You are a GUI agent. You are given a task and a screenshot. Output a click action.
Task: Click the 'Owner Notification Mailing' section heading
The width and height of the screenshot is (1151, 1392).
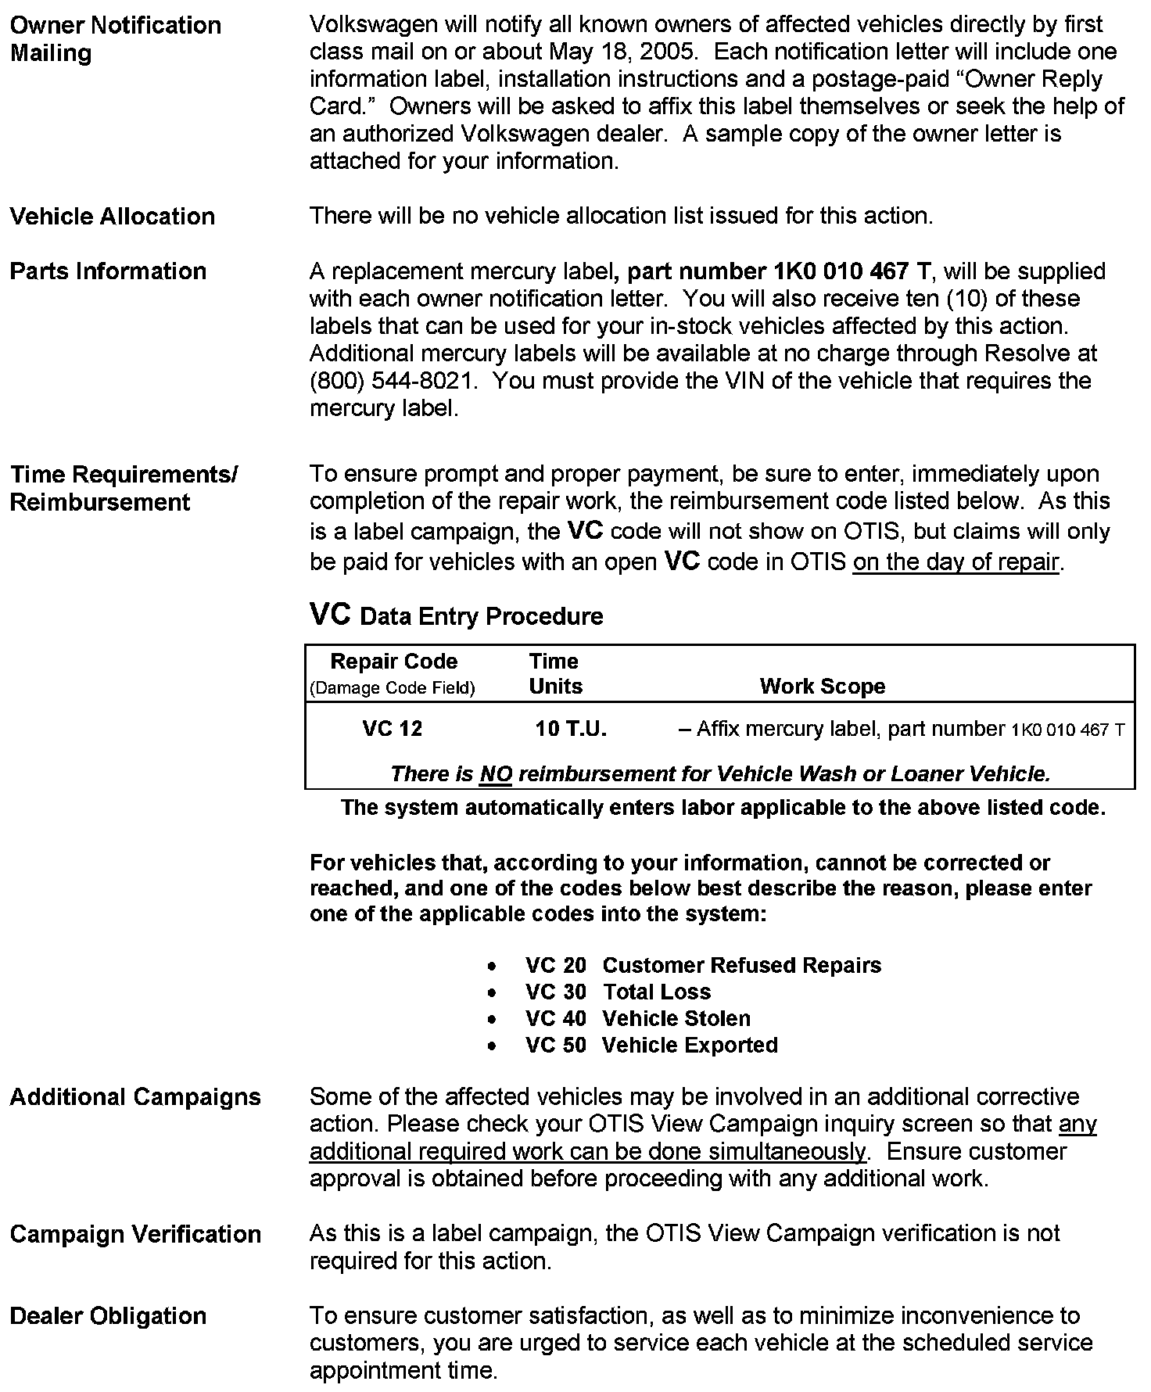click(x=115, y=39)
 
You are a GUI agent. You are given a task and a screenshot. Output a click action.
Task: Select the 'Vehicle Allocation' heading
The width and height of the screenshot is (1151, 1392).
click(x=112, y=217)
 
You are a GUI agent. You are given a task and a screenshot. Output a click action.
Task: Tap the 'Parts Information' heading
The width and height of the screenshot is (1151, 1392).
click(x=108, y=271)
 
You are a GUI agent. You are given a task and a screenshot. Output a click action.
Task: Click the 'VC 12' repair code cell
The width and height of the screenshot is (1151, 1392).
click(x=393, y=729)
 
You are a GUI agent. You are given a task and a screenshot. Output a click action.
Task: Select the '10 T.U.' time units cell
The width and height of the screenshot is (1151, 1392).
click(x=571, y=729)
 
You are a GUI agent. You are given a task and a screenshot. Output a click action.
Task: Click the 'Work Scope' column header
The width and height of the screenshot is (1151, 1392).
click(x=822, y=687)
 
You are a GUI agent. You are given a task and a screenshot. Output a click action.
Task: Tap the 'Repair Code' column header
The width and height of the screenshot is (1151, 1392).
click(x=393, y=662)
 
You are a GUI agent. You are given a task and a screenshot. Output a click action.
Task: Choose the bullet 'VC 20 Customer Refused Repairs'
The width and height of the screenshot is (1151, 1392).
click(x=702, y=965)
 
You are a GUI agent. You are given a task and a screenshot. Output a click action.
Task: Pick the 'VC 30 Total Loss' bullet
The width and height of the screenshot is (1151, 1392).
click(x=618, y=992)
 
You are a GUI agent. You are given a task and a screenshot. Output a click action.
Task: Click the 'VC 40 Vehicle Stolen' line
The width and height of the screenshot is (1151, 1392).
click(x=637, y=1018)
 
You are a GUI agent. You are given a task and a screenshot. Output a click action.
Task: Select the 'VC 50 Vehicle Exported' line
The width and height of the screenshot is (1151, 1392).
click(x=651, y=1045)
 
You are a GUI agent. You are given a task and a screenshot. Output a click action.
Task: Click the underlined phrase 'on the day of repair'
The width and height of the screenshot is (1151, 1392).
click(x=956, y=562)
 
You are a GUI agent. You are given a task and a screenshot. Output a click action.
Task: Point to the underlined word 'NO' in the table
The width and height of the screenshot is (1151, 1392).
click(x=496, y=774)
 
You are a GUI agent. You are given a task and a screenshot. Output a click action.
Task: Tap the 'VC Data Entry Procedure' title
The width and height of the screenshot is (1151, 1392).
click(x=457, y=615)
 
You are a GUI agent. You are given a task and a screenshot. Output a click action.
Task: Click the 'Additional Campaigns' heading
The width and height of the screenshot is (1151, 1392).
click(x=135, y=1097)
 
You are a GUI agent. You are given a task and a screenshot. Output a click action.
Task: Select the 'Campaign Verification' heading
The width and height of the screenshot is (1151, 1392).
click(x=135, y=1234)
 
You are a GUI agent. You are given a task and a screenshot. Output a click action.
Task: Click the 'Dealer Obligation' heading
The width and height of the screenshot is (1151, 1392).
click(x=108, y=1316)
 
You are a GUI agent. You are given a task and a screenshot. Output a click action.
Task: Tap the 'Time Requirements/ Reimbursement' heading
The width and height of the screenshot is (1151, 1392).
click(x=124, y=488)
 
